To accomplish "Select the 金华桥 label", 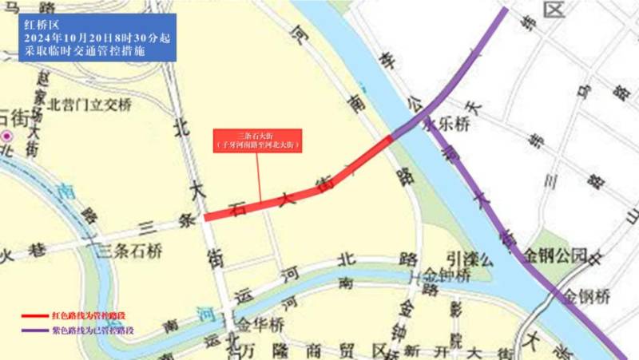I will click(x=256, y=324).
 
